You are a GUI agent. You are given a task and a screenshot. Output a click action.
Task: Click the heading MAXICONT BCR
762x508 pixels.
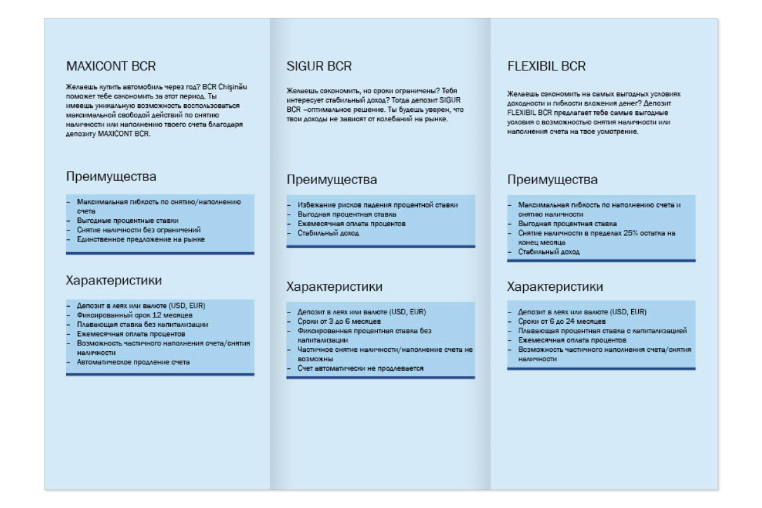(111, 66)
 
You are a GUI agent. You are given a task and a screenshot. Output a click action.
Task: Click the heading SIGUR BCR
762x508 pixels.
(319, 67)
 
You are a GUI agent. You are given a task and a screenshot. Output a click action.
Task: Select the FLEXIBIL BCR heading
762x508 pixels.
(547, 67)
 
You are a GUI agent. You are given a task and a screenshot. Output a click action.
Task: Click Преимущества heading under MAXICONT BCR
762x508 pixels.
(111, 177)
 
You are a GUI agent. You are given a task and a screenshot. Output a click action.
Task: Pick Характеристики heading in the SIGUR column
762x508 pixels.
(334, 286)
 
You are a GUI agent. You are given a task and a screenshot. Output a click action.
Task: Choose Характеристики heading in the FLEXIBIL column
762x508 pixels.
(555, 287)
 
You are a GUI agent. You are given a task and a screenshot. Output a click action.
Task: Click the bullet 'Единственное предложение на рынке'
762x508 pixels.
(141, 239)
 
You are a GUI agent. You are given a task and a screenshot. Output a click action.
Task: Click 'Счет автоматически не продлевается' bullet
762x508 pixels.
(360, 368)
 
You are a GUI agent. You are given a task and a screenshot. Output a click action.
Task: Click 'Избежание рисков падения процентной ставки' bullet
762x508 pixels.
(377, 204)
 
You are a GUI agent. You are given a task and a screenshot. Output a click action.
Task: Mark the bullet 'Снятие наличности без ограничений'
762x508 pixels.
(139, 229)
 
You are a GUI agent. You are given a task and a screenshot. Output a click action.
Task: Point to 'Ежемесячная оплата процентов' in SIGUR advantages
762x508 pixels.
(352, 224)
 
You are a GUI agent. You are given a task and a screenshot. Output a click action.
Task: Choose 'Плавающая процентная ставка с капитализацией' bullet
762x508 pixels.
(603, 331)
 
